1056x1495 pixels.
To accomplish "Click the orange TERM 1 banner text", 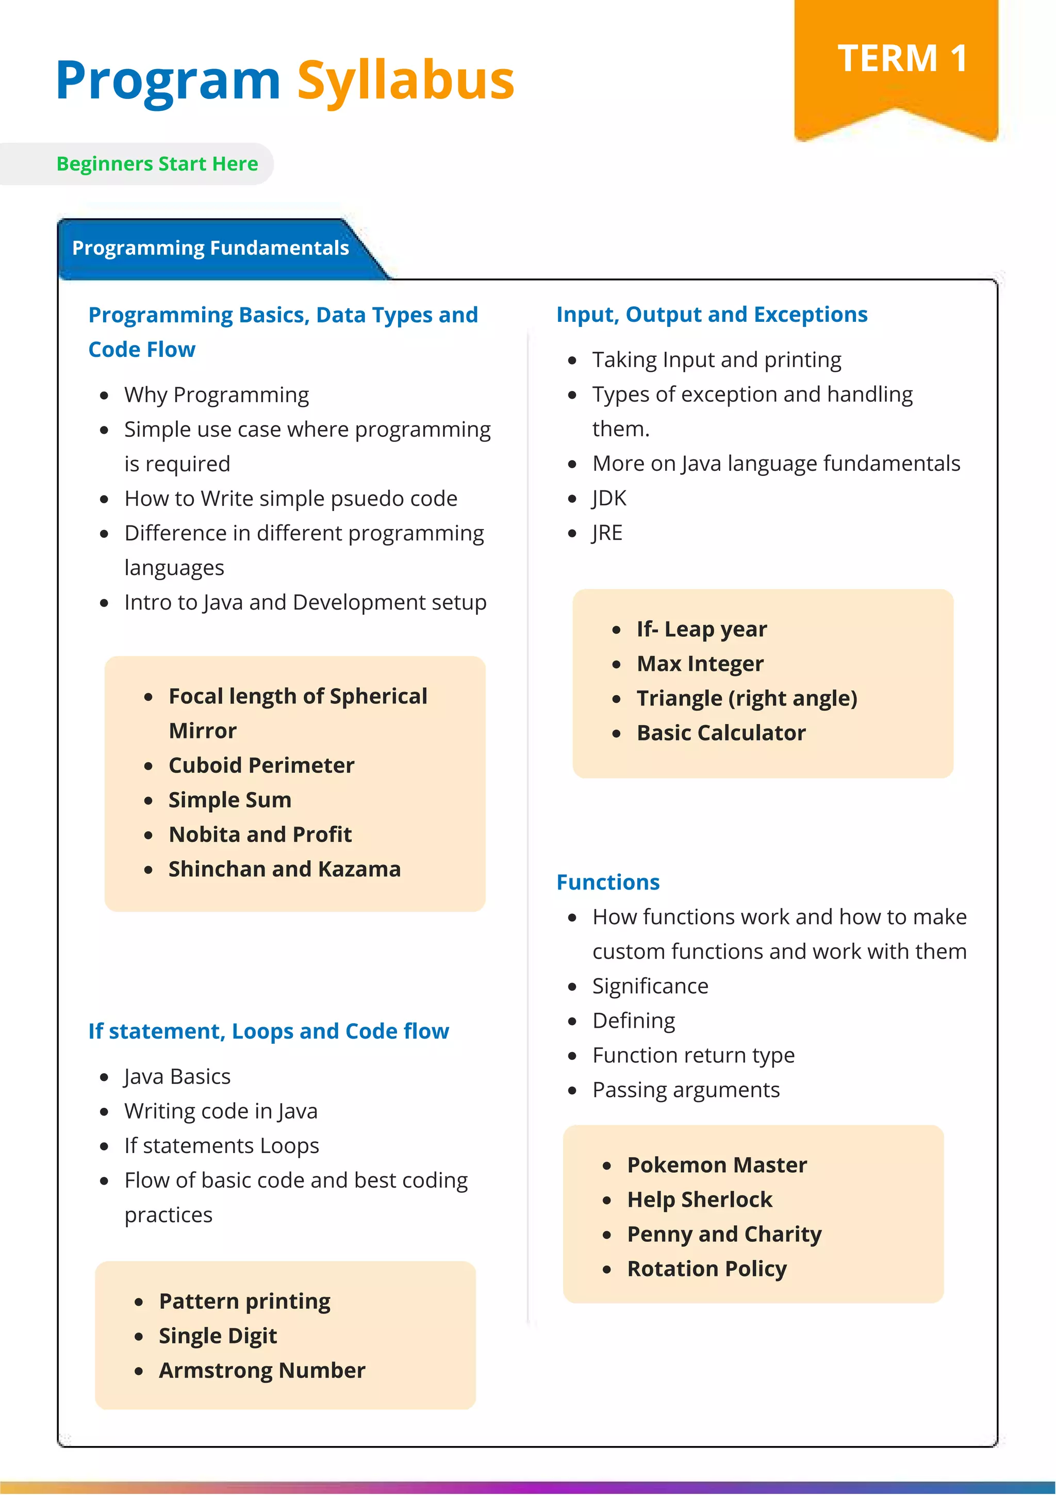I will click(x=902, y=59).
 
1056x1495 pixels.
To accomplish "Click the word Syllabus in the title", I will click(x=406, y=81).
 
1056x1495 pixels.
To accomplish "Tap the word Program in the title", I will click(x=168, y=81).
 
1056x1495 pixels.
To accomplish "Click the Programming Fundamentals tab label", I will click(x=210, y=248).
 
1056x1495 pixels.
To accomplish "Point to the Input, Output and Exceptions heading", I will click(x=712, y=315).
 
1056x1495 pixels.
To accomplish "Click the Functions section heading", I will click(x=607, y=882).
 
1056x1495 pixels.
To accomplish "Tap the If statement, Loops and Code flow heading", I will click(x=268, y=1031).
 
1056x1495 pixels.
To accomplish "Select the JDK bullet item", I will click(x=609, y=498).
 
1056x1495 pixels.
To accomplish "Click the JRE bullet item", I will click(x=607, y=533).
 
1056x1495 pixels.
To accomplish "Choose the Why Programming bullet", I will click(x=216, y=395).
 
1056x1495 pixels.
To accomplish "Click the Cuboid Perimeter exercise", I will click(x=261, y=765).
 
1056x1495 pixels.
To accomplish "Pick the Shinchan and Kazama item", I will click(x=285, y=869).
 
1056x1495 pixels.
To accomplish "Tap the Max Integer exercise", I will click(x=700, y=664).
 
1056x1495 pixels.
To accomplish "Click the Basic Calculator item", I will click(x=721, y=733).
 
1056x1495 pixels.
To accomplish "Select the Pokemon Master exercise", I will click(x=717, y=1165).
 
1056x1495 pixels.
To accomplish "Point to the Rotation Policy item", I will click(x=706, y=1269).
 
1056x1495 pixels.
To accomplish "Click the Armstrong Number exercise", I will click(x=262, y=1371).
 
